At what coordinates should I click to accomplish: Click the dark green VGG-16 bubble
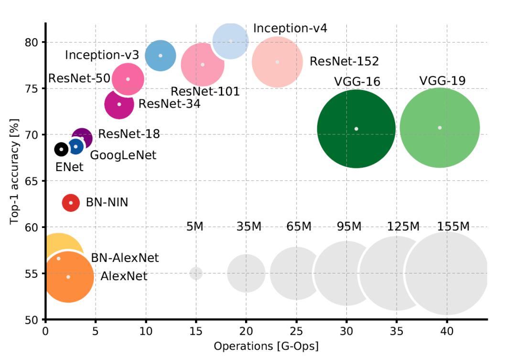pyautogui.click(x=356, y=129)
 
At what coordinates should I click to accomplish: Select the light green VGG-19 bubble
pyautogui.click(x=440, y=128)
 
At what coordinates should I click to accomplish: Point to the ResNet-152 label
pyautogui.click(x=344, y=61)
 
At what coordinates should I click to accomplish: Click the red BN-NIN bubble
pyautogui.click(x=71, y=203)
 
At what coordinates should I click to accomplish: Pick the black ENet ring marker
pyautogui.click(x=61, y=150)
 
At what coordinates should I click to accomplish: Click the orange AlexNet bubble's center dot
pyautogui.click(x=68, y=277)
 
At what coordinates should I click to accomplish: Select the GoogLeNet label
pyautogui.click(x=123, y=155)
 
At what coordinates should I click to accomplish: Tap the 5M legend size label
pyautogui.click(x=194, y=227)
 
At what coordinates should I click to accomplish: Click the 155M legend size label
pyautogui.click(x=453, y=227)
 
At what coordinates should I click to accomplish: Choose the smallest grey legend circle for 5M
pyautogui.click(x=196, y=273)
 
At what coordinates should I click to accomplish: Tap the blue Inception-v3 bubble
pyautogui.click(x=161, y=55)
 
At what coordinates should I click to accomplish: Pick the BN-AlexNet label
pyautogui.click(x=125, y=258)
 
